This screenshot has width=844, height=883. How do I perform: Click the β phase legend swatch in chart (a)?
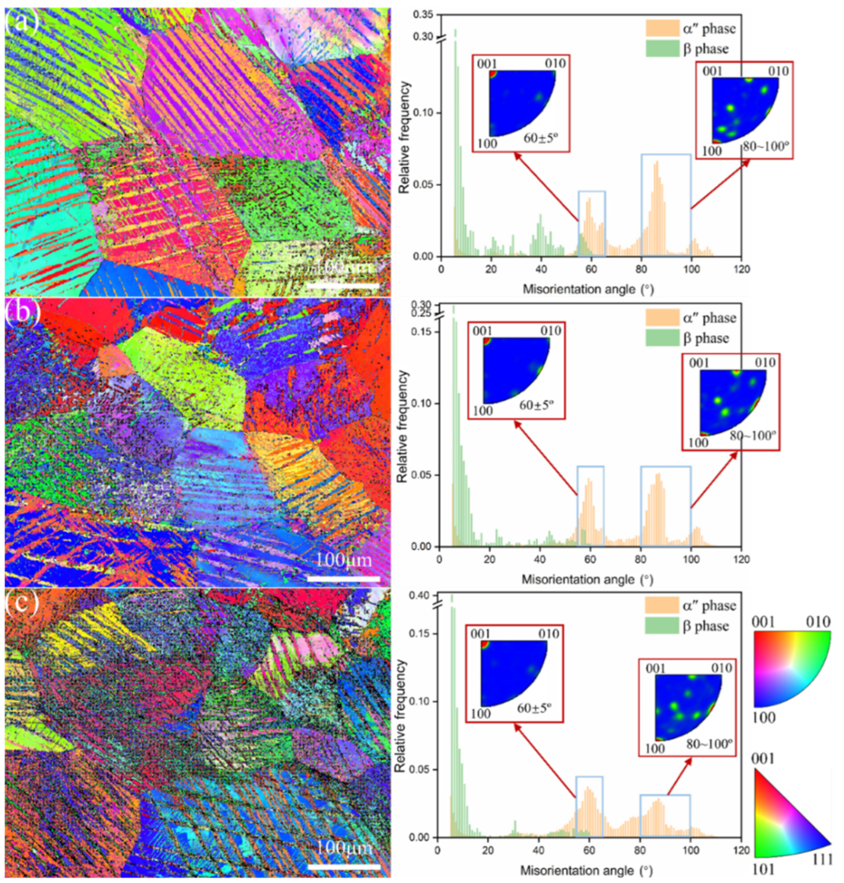click(662, 48)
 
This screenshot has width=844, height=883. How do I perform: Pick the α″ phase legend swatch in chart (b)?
click(662, 318)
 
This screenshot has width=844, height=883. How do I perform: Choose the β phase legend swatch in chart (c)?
click(661, 626)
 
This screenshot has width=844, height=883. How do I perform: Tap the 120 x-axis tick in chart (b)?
click(742, 559)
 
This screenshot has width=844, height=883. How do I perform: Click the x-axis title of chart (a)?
click(588, 289)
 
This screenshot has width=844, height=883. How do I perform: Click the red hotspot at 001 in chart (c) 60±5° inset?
click(484, 645)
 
